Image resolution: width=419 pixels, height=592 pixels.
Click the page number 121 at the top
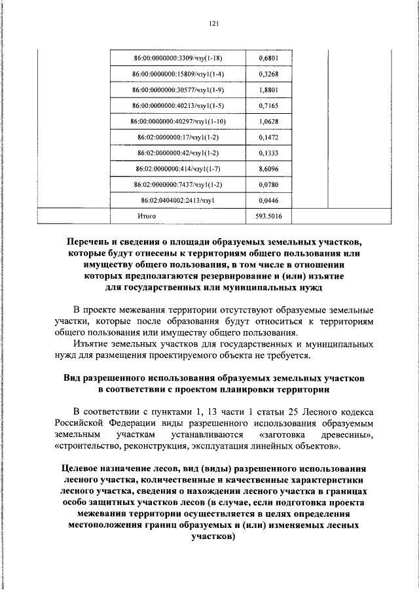pos(213,24)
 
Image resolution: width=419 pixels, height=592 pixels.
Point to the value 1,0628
pos(268,121)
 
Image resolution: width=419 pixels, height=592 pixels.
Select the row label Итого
pos(147,215)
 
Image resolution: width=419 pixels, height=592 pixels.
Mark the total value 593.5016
pos(268,215)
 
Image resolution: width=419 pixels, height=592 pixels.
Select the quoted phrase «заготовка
pos(285,434)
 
